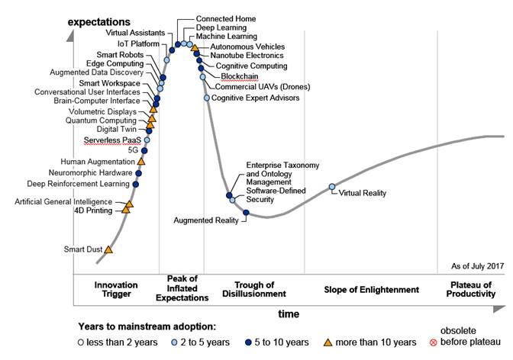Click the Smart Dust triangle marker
pos(108,249)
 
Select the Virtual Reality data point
pos(332,187)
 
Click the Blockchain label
pos(239,76)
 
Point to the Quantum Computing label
pos(102,121)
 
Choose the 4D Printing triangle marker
pos(126,209)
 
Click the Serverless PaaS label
pos(111,140)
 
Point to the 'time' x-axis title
pos(289,313)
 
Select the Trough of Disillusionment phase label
pos(255,289)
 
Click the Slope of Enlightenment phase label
pos(372,290)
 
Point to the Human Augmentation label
pos(97,162)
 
